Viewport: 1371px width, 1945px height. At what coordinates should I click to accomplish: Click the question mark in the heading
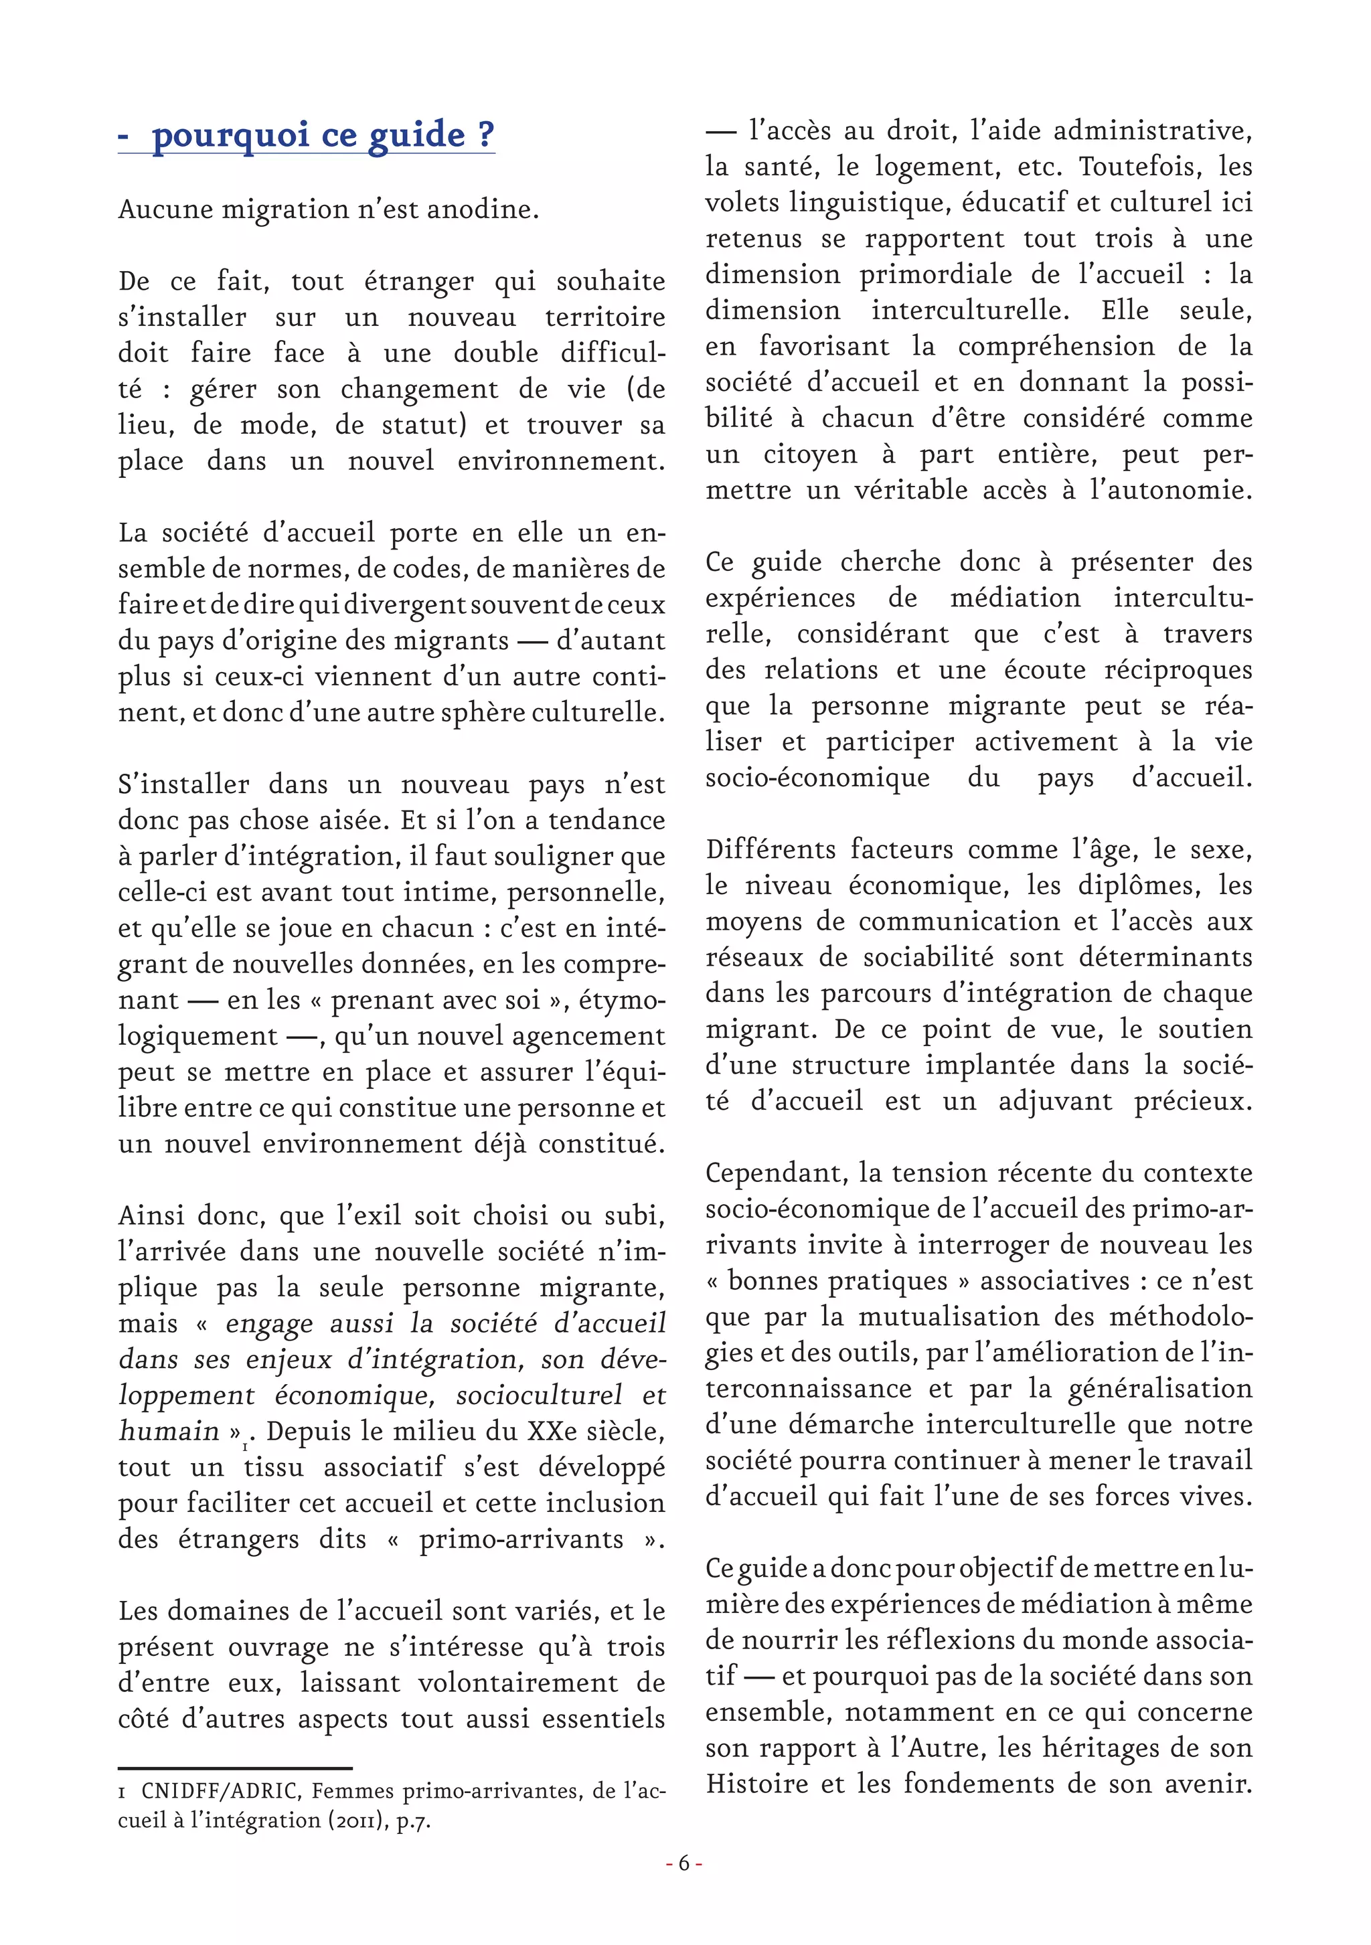tap(485, 134)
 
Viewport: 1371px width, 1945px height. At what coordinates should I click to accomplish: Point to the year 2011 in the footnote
tap(355, 1820)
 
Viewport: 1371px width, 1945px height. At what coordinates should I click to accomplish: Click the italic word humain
tap(169, 1431)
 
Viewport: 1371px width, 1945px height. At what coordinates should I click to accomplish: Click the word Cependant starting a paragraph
tap(775, 1173)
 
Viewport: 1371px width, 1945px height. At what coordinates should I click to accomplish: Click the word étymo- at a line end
tap(621, 1001)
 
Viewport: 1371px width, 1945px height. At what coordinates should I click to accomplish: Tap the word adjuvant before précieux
tap(1055, 1101)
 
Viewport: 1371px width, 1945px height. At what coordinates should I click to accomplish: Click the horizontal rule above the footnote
tap(235, 1768)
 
